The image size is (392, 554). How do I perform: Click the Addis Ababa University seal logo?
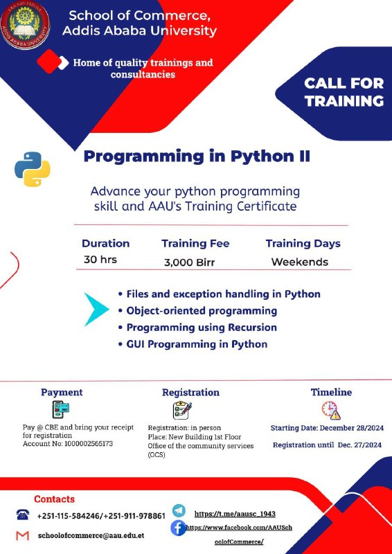point(25,25)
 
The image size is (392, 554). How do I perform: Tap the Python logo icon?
point(32,169)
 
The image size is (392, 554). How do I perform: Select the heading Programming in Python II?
point(197,157)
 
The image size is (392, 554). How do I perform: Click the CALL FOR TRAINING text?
point(344,92)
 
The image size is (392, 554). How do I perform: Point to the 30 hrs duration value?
point(100,260)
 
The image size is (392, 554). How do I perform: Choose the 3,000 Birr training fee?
point(189,262)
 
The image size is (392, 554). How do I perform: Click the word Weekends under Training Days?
point(299,262)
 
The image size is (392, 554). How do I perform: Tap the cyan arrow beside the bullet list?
point(96,309)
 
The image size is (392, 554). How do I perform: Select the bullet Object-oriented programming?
point(202,310)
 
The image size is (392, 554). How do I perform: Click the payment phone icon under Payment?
point(60,409)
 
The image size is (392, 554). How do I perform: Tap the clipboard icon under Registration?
point(182,410)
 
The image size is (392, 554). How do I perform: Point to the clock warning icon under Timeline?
point(331,410)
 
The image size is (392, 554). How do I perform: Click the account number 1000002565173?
point(89,444)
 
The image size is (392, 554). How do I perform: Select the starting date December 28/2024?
point(352,428)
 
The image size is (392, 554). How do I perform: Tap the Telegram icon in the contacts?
point(179,511)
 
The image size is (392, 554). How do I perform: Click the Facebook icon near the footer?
point(178,528)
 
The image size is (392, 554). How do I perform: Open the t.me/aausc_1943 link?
point(235,514)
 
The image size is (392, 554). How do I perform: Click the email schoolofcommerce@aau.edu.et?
point(91,535)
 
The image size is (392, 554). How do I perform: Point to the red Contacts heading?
point(55,499)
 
